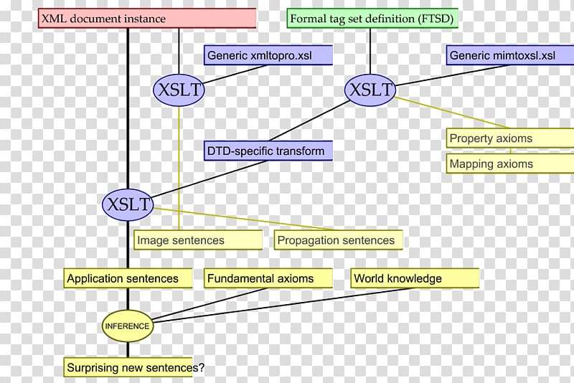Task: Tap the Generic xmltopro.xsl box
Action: [x=269, y=55]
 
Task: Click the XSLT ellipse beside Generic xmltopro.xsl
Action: [x=179, y=91]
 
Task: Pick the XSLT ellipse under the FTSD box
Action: [x=370, y=90]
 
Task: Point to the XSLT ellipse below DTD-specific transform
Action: [x=128, y=204]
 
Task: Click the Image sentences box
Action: [x=198, y=240]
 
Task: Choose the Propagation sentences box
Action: [x=338, y=240]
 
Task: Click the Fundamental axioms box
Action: [x=269, y=278]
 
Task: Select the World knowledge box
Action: [x=415, y=278]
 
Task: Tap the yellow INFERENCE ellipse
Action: [x=128, y=326]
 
